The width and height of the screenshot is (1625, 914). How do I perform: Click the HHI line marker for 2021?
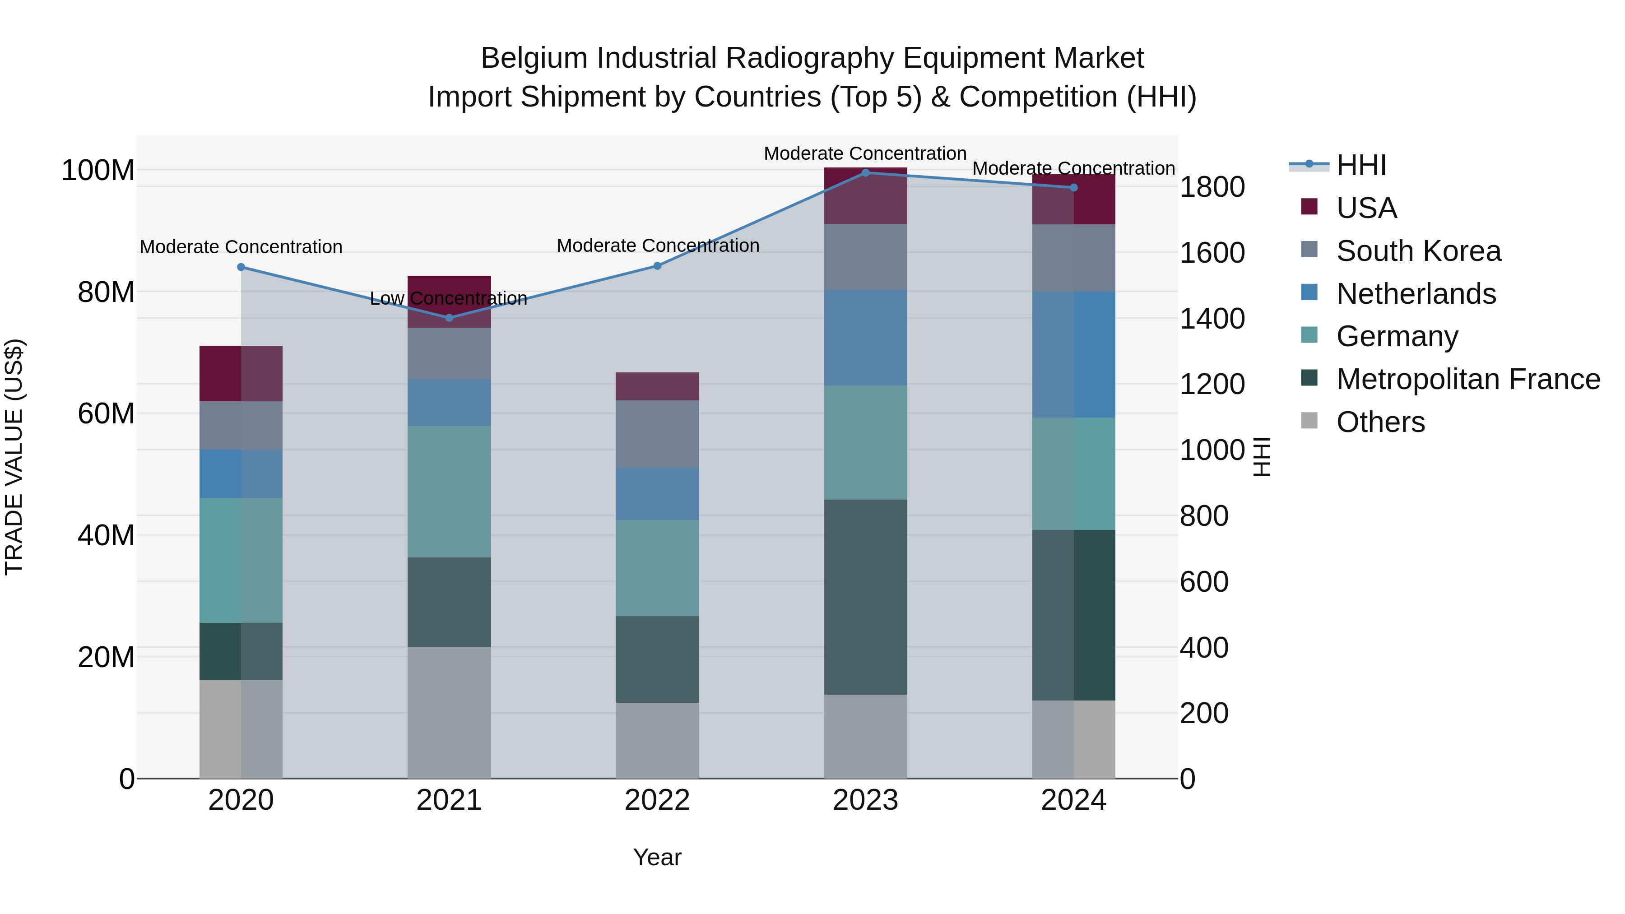coord(449,318)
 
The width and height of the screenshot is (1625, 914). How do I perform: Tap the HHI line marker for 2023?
coord(865,173)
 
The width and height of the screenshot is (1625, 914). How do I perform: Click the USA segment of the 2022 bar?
coord(657,386)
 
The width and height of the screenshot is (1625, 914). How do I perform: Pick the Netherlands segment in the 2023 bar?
coord(865,338)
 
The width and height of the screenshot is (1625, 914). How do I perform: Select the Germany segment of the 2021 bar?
coord(449,492)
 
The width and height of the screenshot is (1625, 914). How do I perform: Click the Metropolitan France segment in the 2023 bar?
coord(865,597)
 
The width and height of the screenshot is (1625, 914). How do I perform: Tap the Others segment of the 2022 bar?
coord(657,741)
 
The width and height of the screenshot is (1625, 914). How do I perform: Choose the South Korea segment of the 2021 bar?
coord(449,353)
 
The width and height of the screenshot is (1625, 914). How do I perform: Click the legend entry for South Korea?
coord(1418,251)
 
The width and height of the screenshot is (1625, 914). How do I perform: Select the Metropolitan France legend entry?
coord(1467,379)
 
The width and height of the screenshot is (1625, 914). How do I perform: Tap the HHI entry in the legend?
coord(1360,165)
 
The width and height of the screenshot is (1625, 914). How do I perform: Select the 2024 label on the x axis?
coord(1074,800)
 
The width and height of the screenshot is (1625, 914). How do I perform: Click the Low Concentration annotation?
coord(449,298)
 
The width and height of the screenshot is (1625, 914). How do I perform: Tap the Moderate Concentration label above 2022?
coord(657,246)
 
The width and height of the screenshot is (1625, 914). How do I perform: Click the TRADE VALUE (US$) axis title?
coord(14,457)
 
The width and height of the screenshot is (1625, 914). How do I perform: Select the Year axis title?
coord(657,857)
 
